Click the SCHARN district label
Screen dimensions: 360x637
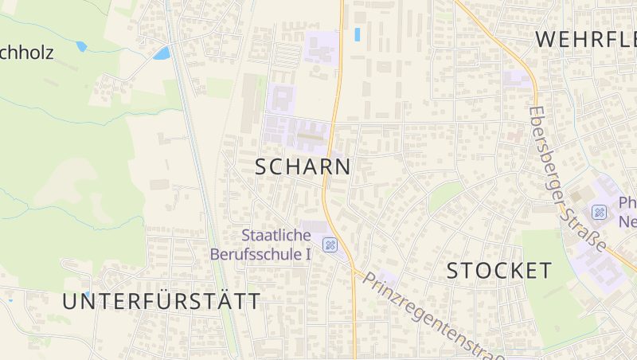[303, 166]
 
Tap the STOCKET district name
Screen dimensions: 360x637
[498, 271]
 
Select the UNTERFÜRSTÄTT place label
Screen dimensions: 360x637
[162, 301]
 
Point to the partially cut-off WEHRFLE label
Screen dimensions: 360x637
[585, 37]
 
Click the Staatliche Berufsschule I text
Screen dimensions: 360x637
[260, 245]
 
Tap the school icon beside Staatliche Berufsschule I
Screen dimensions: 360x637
[330, 245]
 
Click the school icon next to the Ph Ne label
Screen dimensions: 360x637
[599, 213]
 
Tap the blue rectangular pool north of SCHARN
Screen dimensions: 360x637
[357, 35]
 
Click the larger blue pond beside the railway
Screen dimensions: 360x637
[162, 53]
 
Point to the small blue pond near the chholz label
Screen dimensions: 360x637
[81, 47]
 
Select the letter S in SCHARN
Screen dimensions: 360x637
[262, 166]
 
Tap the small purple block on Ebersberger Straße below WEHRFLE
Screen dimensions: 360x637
[518, 78]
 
